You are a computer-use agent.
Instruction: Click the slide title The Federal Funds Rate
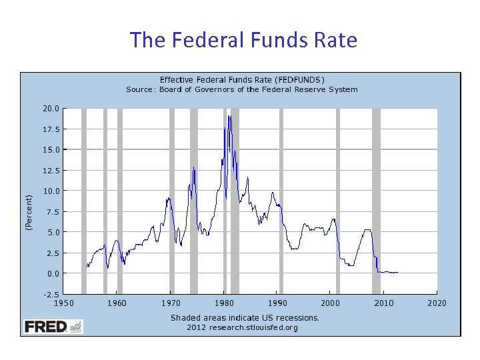(x=244, y=40)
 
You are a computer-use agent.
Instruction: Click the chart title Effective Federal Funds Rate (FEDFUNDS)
(x=241, y=79)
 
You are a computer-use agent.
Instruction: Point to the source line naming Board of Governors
(x=241, y=89)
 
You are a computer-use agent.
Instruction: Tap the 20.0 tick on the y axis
(x=51, y=108)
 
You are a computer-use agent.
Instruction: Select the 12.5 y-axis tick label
(x=51, y=171)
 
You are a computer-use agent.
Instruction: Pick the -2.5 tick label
(x=51, y=294)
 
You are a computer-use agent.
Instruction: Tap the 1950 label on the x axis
(x=64, y=303)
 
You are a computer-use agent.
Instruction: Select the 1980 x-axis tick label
(x=224, y=303)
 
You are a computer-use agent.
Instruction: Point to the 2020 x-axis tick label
(x=437, y=303)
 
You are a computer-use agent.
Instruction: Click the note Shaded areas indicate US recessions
(x=245, y=317)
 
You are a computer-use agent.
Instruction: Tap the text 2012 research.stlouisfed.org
(x=242, y=327)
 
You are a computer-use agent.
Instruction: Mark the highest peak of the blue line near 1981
(x=229, y=116)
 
